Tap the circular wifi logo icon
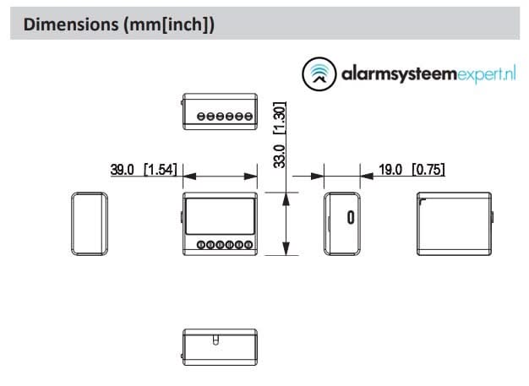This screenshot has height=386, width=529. pyautogui.click(x=318, y=74)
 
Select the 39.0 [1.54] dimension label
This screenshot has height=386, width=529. pyautogui.click(x=144, y=170)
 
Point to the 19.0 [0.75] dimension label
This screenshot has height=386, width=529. pyautogui.click(x=412, y=170)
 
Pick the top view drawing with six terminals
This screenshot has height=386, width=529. pyautogui.click(x=220, y=113)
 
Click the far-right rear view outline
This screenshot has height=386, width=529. pyautogui.click(x=455, y=223)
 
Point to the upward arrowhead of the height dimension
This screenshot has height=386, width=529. pyautogui.click(x=287, y=198)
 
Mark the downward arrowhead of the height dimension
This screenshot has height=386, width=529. pyautogui.click(x=287, y=247)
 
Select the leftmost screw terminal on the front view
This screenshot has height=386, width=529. pyautogui.click(x=201, y=245)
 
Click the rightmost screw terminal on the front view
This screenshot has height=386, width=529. pyautogui.click(x=248, y=245)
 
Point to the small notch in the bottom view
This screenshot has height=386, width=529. pyautogui.click(x=215, y=340)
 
